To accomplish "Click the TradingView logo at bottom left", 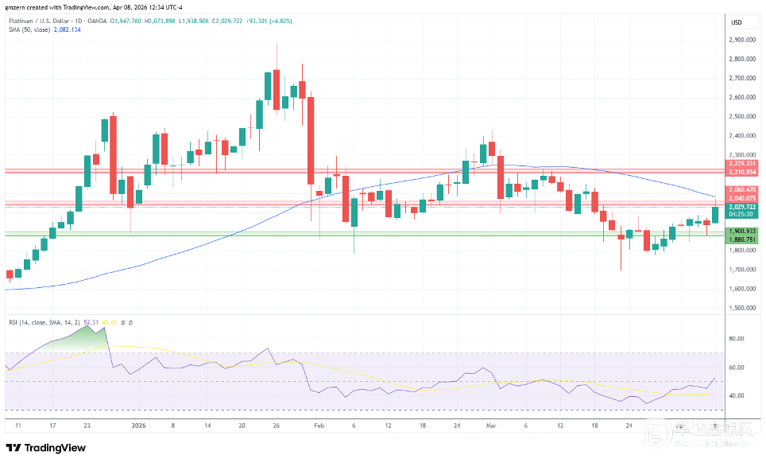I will (x=46, y=448).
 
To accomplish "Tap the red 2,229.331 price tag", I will (x=741, y=164).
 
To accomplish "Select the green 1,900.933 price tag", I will (x=741, y=230).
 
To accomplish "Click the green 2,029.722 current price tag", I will (x=741, y=208).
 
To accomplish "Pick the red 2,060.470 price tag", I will (x=741, y=189).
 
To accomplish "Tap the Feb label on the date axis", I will (x=319, y=426).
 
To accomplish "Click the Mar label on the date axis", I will (x=491, y=426).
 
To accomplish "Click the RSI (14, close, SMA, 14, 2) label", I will (x=44, y=322).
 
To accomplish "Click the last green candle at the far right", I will (x=715, y=215).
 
